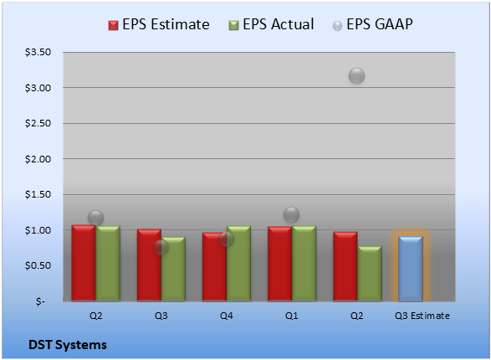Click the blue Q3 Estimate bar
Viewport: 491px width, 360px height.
point(411,269)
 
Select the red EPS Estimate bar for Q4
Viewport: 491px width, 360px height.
point(214,267)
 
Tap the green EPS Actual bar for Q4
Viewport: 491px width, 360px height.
point(238,264)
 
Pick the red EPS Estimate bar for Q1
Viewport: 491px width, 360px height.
point(279,264)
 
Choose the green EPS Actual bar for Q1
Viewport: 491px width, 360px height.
point(304,264)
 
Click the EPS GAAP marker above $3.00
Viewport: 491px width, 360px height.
point(356,76)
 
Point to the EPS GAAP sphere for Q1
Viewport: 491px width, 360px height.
point(292,215)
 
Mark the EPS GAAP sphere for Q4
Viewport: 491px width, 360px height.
point(226,239)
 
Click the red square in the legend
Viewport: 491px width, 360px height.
point(114,25)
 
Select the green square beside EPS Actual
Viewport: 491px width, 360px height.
point(233,25)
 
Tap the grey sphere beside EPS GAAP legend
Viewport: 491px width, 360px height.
point(337,26)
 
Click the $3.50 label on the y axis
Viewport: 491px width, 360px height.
point(38,52)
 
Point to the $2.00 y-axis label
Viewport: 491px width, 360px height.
point(38,159)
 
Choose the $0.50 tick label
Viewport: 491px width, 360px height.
point(38,265)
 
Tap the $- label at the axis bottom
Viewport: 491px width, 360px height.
point(40,301)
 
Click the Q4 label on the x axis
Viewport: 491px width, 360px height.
point(226,316)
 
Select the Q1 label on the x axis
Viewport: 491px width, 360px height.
point(292,316)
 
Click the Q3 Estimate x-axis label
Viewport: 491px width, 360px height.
point(422,316)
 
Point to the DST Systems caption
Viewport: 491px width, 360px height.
point(68,345)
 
